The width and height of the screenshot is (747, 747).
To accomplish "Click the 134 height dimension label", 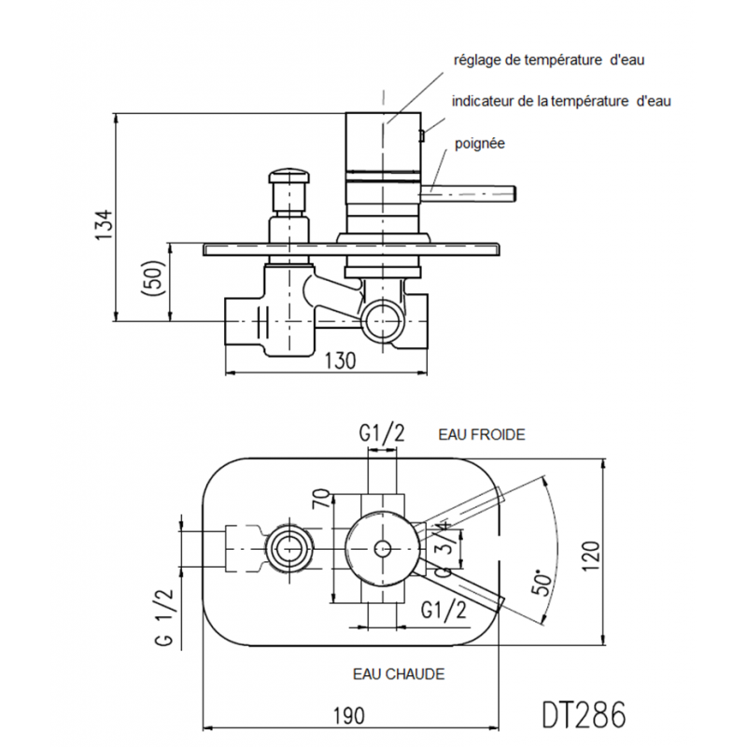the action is (x=105, y=224).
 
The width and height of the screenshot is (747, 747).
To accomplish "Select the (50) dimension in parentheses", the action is (x=153, y=277).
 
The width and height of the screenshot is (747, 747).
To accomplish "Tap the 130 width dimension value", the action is (x=340, y=360).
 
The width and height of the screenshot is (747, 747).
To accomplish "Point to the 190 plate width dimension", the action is (x=349, y=715).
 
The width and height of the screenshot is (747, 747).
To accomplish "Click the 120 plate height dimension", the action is (x=590, y=557).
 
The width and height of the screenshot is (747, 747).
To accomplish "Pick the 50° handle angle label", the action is (x=543, y=582).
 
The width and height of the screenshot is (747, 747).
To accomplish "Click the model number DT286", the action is (x=584, y=714).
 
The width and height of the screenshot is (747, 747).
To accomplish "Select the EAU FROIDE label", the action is (x=482, y=434).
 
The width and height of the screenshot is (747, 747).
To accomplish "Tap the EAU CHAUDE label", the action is (x=399, y=674).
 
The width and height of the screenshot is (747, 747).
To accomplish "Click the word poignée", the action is (x=479, y=144).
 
